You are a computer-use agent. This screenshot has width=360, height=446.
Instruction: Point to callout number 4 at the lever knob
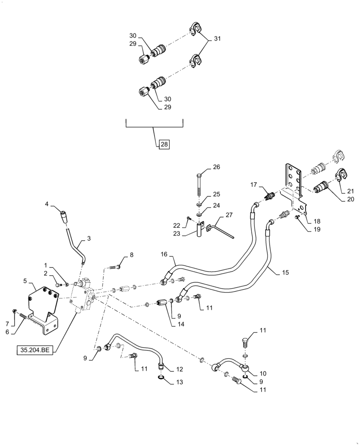click(x=47, y=205)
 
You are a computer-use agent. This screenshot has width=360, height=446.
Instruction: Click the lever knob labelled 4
click(x=64, y=217)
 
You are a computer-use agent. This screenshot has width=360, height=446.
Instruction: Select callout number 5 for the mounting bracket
click(x=25, y=282)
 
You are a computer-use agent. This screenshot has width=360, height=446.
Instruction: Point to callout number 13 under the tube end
click(x=180, y=382)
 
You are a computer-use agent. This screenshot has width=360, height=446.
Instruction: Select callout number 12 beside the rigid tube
click(x=180, y=369)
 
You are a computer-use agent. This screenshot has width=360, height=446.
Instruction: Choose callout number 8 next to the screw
click(x=131, y=255)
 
